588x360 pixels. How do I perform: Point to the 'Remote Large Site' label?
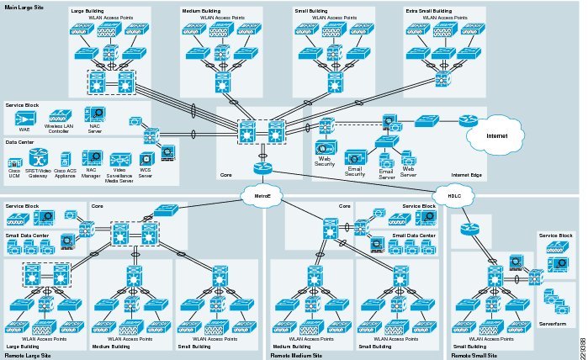tap(28, 356)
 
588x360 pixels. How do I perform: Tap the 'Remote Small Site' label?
tap(475, 356)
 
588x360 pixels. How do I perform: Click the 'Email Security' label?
tap(361, 172)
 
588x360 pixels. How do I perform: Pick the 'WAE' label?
tap(24, 130)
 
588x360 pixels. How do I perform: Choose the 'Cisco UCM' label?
tap(15, 174)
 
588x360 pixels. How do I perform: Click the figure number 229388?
tap(582, 341)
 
